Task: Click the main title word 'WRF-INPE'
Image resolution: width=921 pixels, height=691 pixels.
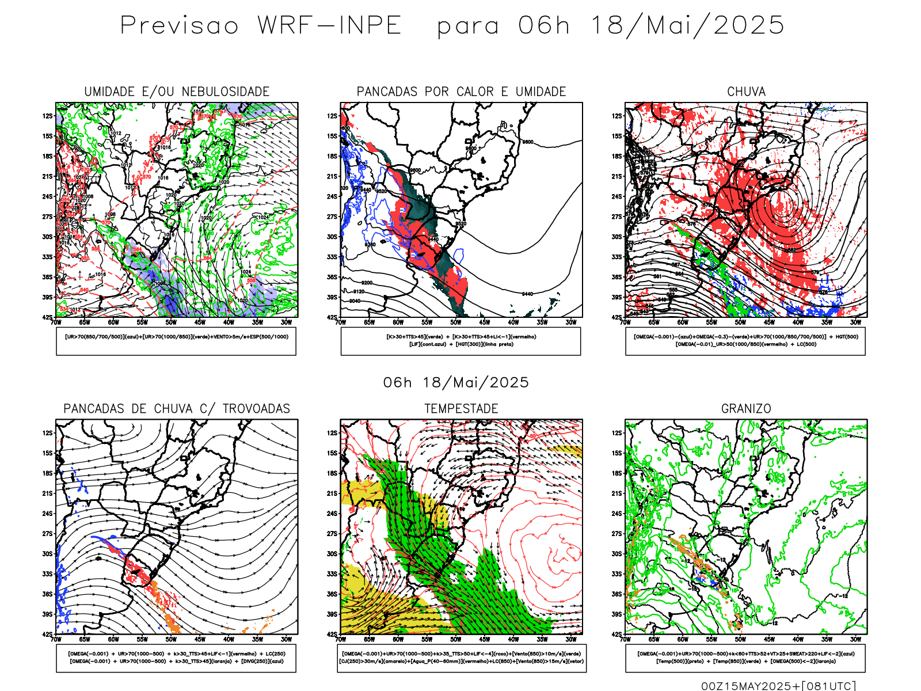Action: (329, 26)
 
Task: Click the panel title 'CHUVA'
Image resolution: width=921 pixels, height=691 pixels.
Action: (746, 92)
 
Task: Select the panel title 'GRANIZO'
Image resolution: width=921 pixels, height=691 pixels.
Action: (746, 409)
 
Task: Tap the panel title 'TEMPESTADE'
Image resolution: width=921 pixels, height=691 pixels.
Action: (461, 409)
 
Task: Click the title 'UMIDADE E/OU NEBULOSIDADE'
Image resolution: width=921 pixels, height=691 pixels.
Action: (177, 92)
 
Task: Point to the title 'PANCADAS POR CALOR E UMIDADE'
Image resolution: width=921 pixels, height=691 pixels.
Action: (461, 92)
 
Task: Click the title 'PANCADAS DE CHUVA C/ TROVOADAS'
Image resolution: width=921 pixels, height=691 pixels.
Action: (177, 409)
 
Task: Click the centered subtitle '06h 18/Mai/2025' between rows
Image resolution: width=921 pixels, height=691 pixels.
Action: (456, 382)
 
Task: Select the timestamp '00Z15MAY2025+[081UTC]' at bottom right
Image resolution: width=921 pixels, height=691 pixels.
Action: (778, 686)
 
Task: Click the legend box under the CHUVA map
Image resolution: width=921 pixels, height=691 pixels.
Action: (745, 341)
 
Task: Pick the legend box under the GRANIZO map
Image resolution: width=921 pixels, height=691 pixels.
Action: (745, 658)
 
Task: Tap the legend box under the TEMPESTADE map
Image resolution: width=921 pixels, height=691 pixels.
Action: (461, 658)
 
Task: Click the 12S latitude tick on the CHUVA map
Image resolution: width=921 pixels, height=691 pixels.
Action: (617, 116)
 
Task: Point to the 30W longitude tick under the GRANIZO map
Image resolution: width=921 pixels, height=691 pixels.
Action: (855, 639)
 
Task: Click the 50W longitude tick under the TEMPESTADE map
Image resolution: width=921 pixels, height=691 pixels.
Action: (455, 639)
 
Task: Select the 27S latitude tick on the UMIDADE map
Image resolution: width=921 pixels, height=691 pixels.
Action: (47, 217)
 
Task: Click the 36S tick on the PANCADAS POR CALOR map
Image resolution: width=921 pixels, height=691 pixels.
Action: (332, 277)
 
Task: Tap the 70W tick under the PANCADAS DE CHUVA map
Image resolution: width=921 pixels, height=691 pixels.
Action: (56, 639)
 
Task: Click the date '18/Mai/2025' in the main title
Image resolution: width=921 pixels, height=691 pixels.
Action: (687, 26)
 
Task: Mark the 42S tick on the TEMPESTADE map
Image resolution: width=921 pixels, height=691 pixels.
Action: (332, 634)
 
